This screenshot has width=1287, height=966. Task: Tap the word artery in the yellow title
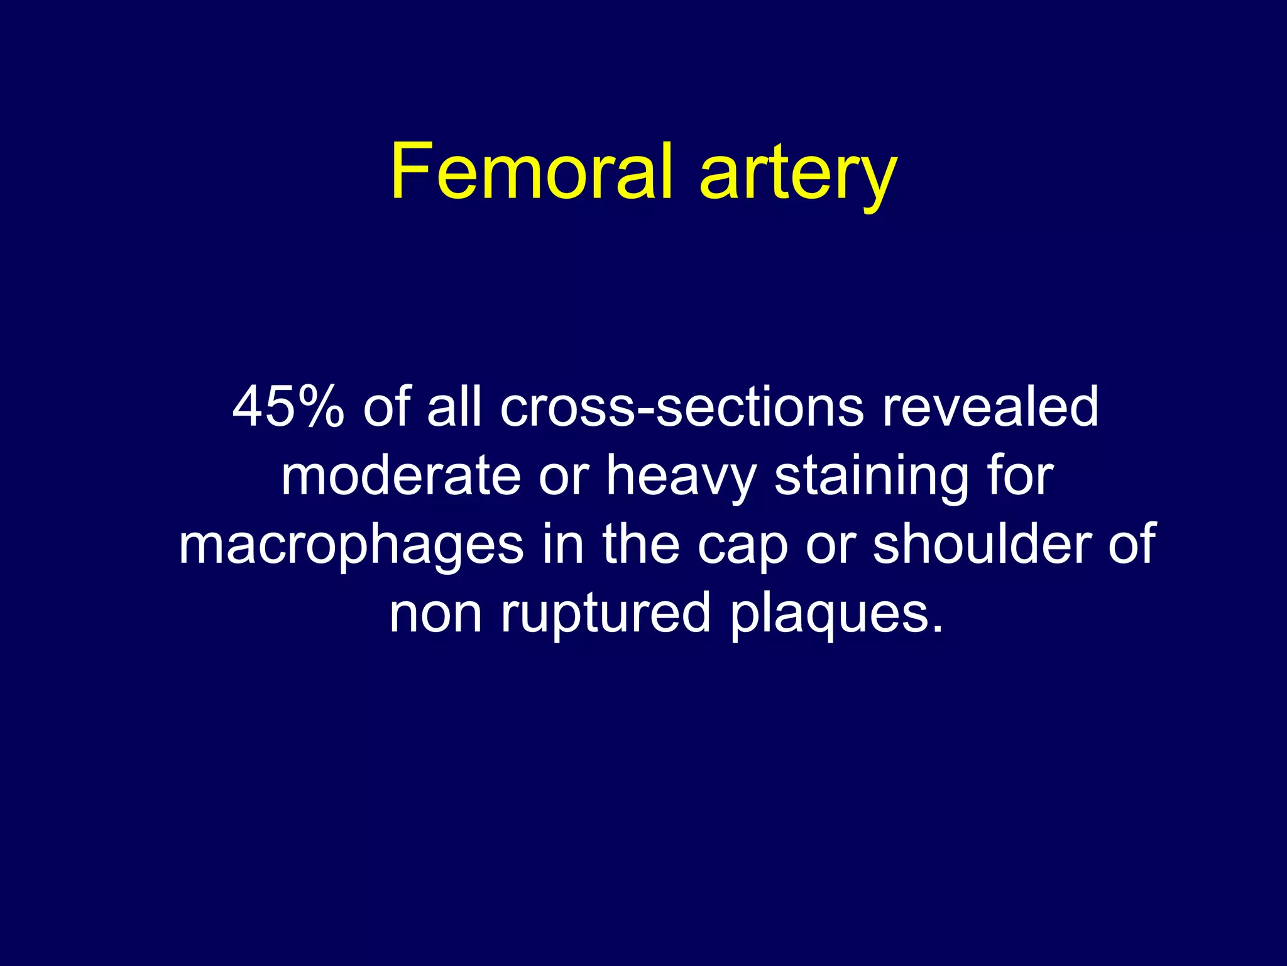798,173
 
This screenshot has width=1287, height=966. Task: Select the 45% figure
288,407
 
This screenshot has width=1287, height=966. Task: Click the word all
454,407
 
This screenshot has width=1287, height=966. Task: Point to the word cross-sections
682,407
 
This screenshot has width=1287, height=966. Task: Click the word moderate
400,476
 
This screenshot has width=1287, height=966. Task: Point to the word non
435,614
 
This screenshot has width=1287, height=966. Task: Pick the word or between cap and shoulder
830,545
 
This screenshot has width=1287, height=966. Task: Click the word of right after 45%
386,407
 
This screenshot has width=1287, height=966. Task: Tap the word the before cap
641,544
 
